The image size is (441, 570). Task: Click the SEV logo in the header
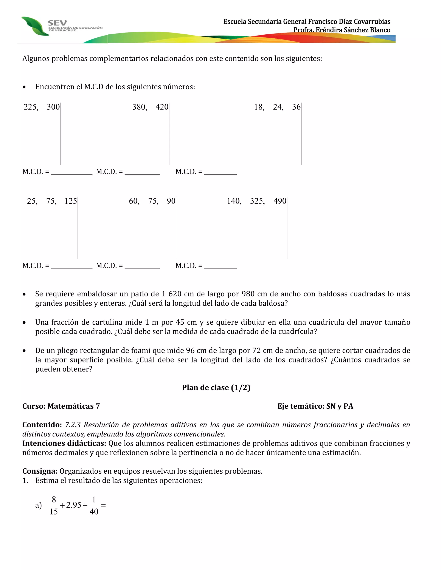57,26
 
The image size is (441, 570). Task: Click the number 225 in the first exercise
30,107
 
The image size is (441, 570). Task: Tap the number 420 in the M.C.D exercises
162,107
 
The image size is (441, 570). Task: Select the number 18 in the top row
259,107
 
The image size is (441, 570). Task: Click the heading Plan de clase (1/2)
216,388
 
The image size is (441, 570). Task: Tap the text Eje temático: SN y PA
315,406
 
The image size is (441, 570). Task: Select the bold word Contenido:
42,425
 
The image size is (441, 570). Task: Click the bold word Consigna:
40,471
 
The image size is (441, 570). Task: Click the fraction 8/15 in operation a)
54,505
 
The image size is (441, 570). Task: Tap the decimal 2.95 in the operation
74,505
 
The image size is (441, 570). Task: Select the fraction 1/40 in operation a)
94,505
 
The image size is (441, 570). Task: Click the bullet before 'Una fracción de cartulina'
24,323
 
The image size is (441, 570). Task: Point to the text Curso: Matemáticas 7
61,406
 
